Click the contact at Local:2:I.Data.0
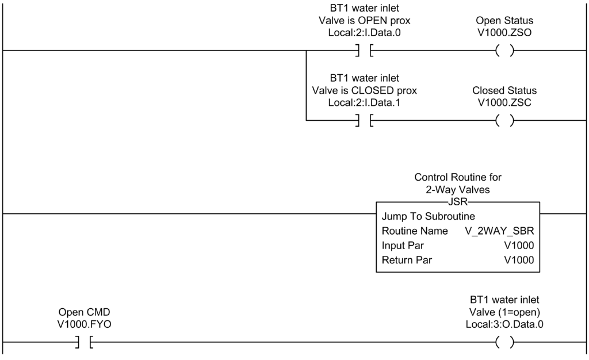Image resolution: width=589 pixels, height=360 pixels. tap(364, 51)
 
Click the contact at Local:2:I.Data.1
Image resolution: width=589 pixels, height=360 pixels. tap(364, 120)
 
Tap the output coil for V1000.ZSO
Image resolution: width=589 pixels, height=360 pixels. tap(504, 51)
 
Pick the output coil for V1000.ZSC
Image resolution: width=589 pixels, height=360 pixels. tap(504, 120)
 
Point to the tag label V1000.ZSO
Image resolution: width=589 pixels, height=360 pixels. tap(504, 33)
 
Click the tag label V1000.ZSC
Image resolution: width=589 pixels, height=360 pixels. tap(504, 102)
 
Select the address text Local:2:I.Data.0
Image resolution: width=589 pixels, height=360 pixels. tap(364, 33)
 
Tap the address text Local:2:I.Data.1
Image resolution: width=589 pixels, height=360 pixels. tap(364, 102)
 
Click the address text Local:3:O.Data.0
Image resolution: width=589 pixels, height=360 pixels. tap(504, 324)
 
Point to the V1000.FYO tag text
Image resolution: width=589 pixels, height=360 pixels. tap(85, 324)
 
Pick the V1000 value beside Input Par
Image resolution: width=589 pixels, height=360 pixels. tap(519, 246)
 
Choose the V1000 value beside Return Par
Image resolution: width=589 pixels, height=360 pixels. tap(519, 260)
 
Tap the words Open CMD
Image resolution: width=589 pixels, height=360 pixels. tap(85, 312)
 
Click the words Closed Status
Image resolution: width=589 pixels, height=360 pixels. tap(504, 90)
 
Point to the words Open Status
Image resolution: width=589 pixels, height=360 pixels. tap(504, 21)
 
